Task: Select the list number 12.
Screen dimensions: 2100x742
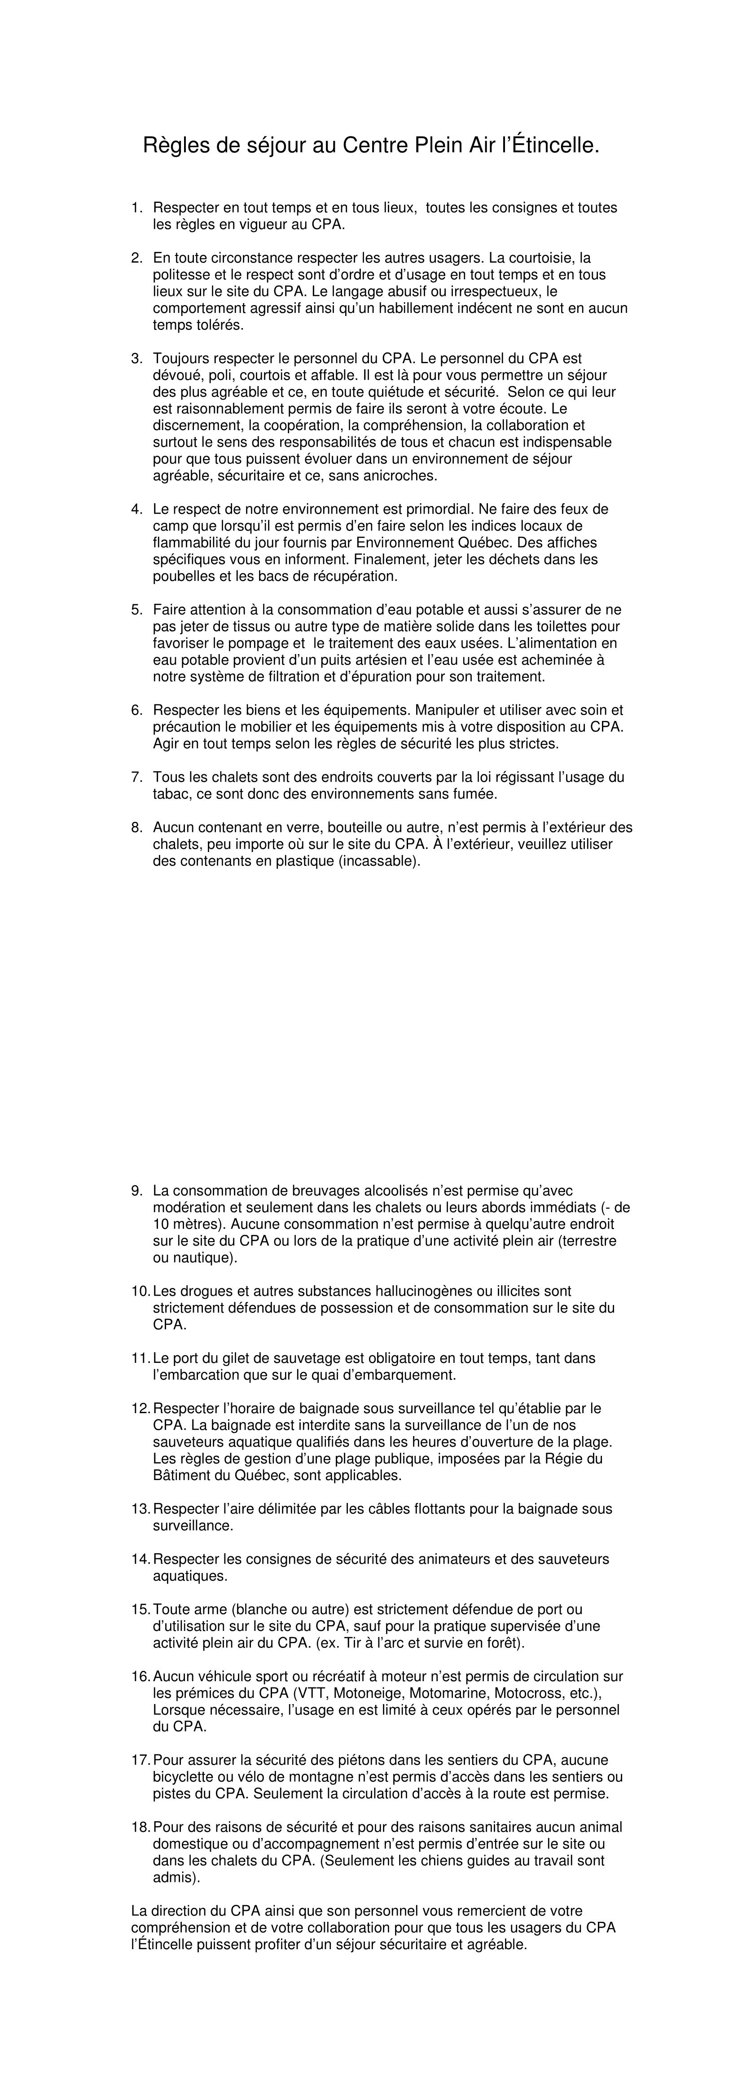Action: tap(140, 1408)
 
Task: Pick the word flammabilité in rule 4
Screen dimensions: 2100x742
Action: tap(191, 543)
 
